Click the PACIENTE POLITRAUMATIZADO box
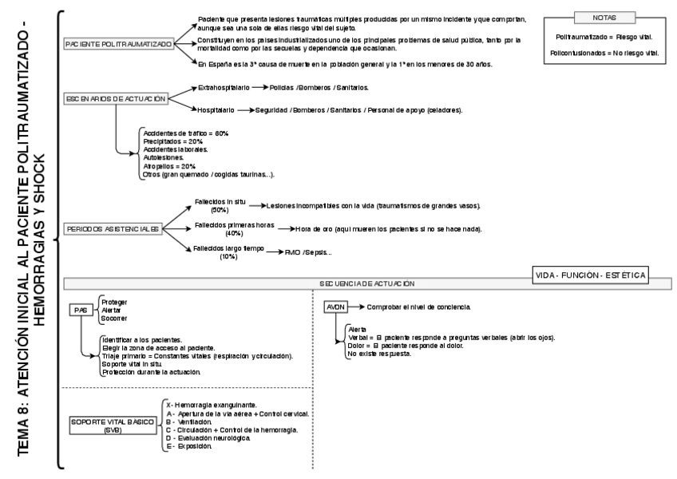(119, 45)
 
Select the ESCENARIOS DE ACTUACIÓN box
(117, 99)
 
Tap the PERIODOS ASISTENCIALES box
(114, 228)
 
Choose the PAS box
(79, 311)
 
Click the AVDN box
(335, 307)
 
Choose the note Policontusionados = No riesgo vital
(604, 52)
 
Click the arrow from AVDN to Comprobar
(357, 307)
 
